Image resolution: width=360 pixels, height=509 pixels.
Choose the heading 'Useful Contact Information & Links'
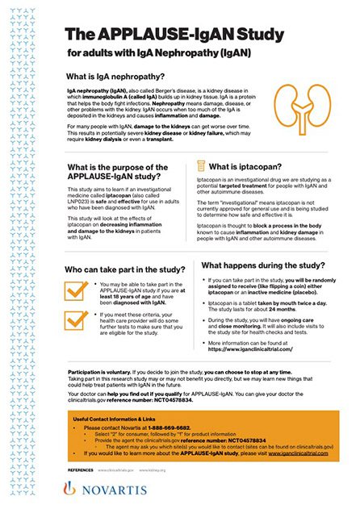pos(116,419)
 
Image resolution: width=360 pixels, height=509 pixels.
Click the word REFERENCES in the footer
pos(80,469)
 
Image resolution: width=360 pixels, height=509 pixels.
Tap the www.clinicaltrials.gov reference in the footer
pos(118,469)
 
